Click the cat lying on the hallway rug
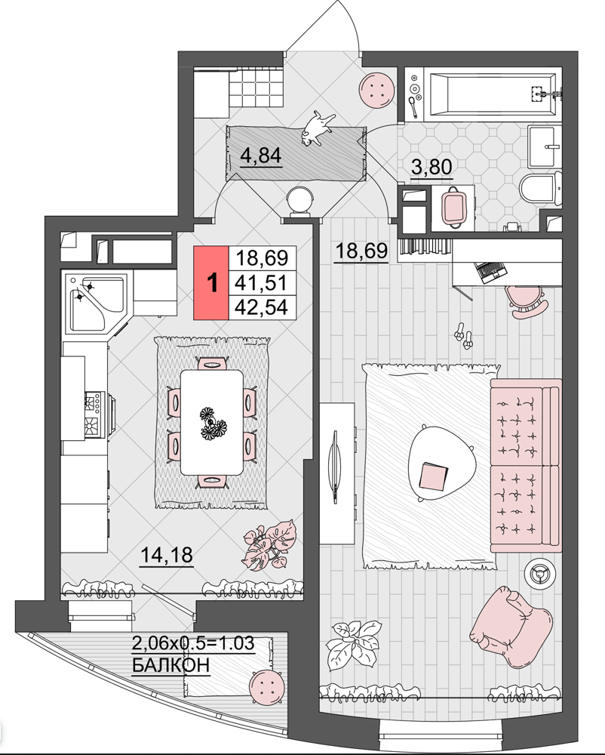(x=316, y=128)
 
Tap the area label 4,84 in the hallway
(x=261, y=156)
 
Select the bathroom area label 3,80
(x=431, y=167)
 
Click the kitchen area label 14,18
(x=167, y=555)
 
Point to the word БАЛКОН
(x=170, y=665)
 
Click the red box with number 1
(x=211, y=282)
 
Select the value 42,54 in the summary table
(x=261, y=307)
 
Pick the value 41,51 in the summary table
(x=261, y=282)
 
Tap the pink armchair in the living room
(x=511, y=624)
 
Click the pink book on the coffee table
(x=433, y=476)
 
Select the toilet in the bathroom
(x=541, y=190)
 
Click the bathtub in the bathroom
(x=493, y=94)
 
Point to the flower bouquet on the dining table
(x=213, y=424)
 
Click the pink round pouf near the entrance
(x=377, y=90)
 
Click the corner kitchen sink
(x=97, y=304)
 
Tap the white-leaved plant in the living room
(x=352, y=645)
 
